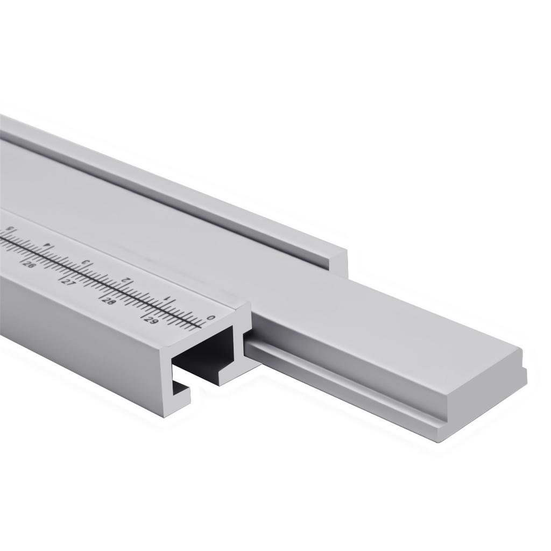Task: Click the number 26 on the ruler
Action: [29, 265]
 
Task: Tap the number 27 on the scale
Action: [68, 282]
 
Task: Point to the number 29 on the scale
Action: [152, 320]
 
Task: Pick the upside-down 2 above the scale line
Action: [127, 280]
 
